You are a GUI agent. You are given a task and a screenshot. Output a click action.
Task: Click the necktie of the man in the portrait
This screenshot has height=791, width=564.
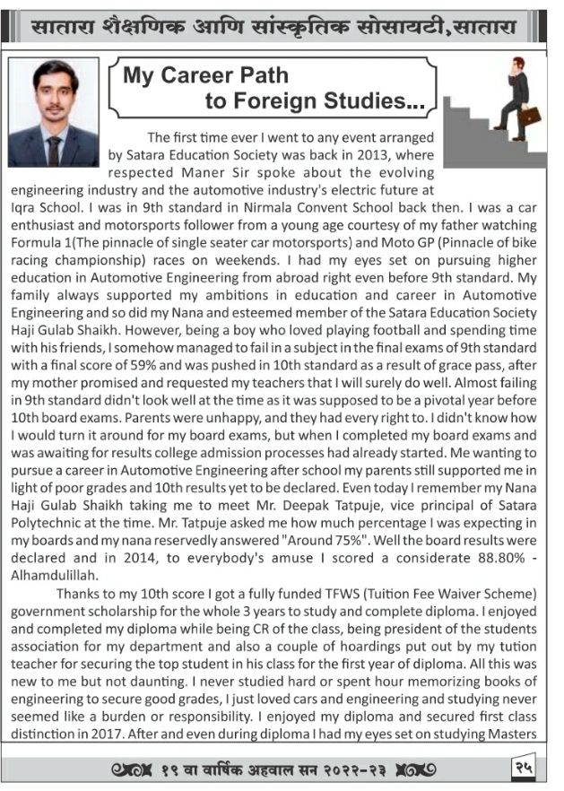(54, 148)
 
